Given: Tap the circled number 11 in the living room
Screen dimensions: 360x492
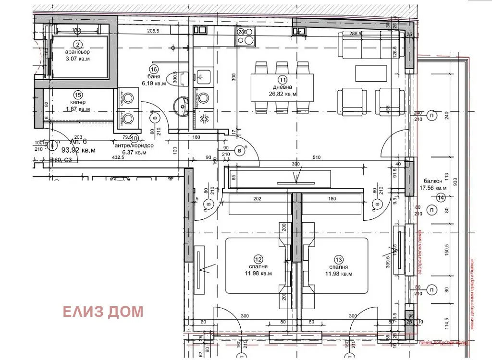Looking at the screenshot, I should [x=283, y=80].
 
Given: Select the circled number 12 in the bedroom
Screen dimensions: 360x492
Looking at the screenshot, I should [x=258, y=258].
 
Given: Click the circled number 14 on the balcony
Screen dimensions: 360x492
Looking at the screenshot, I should [x=441, y=197].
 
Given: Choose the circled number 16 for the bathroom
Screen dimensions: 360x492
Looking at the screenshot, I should [x=154, y=68].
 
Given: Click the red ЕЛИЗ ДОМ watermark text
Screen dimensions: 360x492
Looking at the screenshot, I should [x=103, y=312].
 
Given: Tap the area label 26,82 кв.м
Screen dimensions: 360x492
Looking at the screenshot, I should [x=283, y=95].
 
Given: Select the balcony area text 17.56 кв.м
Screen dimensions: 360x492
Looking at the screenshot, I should [x=433, y=188].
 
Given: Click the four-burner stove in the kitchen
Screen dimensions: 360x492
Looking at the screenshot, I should [x=245, y=36].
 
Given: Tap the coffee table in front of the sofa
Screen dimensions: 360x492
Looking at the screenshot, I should [x=371, y=73].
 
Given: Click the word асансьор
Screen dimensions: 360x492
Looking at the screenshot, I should [x=78, y=51].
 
